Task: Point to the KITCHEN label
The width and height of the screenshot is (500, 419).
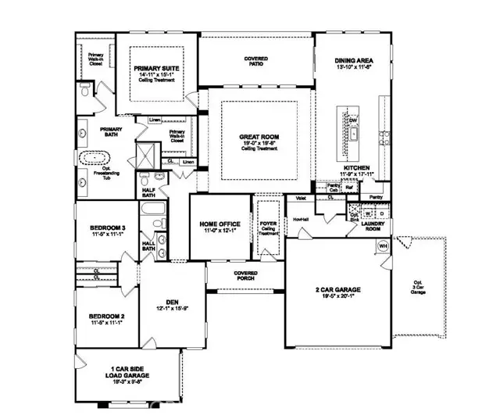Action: [355, 168]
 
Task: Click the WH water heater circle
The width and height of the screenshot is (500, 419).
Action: [383, 246]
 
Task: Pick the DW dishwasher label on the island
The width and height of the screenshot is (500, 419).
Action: [353, 120]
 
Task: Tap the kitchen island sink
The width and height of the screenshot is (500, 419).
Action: [353, 134]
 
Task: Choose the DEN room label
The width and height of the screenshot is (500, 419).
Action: [173, 306]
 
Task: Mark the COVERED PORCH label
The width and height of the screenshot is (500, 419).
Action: [245, 276]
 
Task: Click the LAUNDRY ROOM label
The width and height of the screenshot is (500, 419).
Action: [383, 227]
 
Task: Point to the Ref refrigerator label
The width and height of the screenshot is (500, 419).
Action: [351, 188]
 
